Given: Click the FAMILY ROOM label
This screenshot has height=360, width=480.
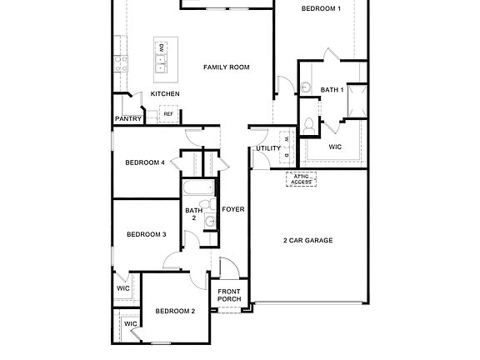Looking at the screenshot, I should pos(227,67).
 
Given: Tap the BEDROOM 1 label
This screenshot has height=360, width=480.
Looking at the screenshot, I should pos(321,8).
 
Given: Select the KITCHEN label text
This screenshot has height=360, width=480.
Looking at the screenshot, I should pos(165,94).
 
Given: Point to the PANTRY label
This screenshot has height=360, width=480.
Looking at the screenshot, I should pos(128,119).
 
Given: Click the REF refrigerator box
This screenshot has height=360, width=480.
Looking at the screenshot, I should pos(180,114).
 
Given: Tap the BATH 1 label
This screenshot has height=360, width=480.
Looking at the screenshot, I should pos(332,89).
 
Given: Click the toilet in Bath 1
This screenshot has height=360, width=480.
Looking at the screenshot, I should pos(309,126).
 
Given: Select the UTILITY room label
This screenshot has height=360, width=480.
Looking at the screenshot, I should pos(268,148).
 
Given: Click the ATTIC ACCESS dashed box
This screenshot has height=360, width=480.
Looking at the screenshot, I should pos(301,179).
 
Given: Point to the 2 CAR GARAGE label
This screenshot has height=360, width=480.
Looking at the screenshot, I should pos(307,240).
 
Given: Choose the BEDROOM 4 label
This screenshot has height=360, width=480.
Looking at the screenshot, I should pos(145,162).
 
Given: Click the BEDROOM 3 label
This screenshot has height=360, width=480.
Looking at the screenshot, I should pos(147,234).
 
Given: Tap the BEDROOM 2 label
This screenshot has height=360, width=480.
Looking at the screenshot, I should pos(175,311).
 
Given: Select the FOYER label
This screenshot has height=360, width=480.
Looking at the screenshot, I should pos(233,209).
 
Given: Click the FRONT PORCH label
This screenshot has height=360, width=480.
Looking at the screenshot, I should pos(229,295).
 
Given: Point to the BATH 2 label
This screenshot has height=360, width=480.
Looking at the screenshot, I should pos(193,214).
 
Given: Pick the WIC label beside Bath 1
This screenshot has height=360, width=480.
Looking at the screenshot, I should pos(335,147).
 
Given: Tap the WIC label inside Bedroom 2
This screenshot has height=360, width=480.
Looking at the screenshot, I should pos(131,323).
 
